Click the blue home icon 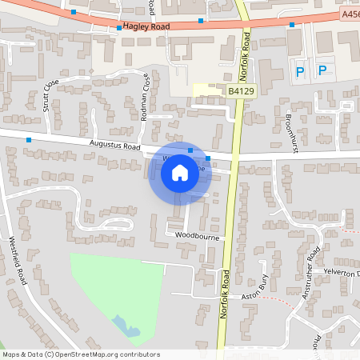pos(180,173)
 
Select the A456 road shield pos(350,14)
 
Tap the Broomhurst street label pos(291,128)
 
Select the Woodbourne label pos(197,237)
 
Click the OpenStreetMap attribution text pos(81,354)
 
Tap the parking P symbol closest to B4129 pos(300,71)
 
